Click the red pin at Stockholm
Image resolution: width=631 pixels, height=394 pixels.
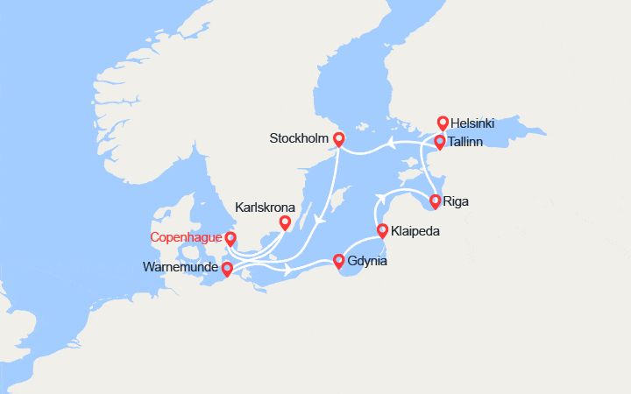coord(338,138)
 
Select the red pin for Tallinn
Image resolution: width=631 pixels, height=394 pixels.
coord(440,141)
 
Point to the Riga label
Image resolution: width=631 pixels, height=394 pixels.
coord(457,201)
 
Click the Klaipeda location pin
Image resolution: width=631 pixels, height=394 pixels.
coord(382,230)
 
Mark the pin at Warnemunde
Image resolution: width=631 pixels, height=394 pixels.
coord(227,269)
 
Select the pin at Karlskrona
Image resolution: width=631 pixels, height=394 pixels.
coord(285,222)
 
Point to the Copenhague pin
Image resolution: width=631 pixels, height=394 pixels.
coord(230,238)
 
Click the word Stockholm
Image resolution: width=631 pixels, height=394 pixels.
coord(300,138)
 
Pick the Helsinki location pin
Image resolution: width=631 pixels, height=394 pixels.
coord(443,123)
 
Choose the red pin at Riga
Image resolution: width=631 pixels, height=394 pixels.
coord(435,201)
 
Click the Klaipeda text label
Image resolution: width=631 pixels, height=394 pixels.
coord(415,232)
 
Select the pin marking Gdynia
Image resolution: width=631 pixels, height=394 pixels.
coord(339,260)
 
